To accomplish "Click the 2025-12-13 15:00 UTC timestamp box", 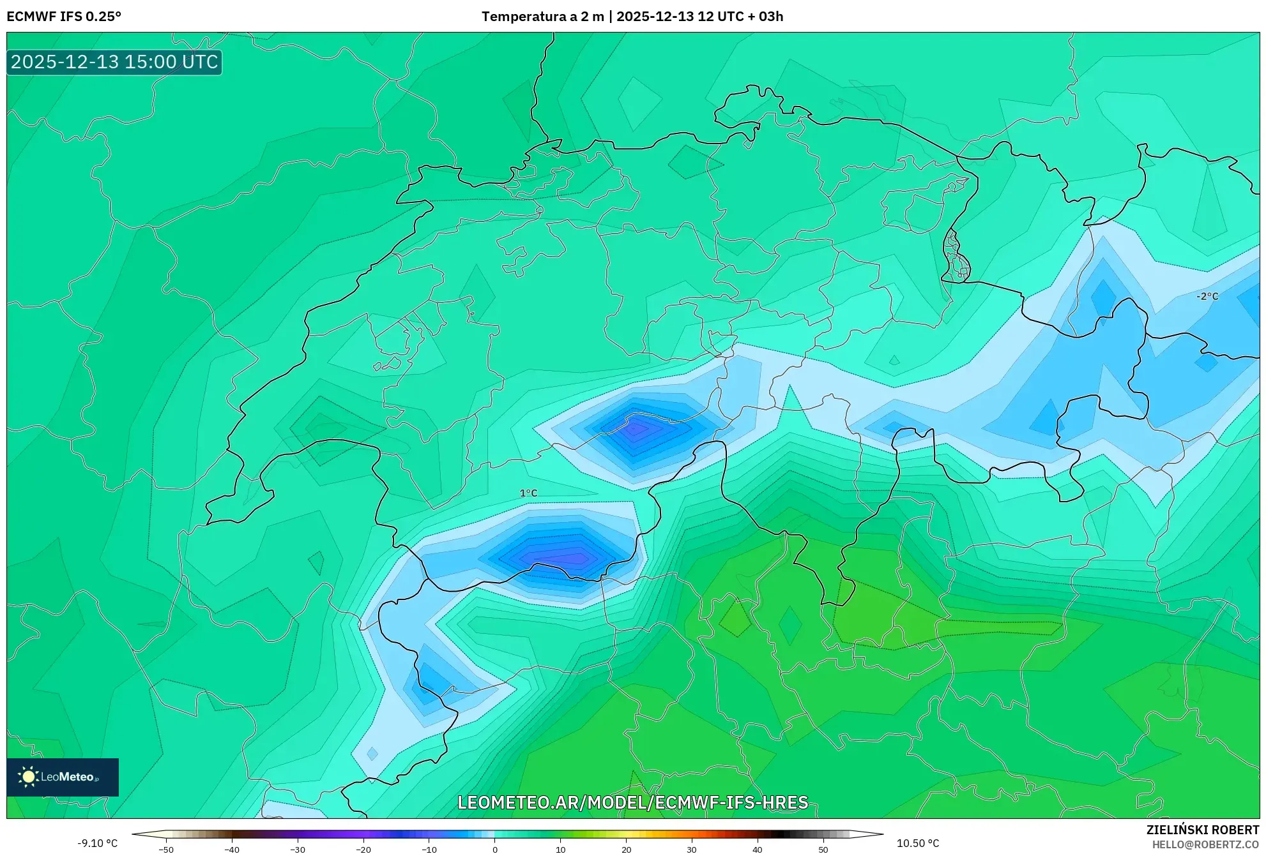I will coord(114,62).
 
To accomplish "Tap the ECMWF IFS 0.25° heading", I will coord(64,17).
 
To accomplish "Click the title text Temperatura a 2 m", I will coord(542,17).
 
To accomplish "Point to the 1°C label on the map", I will coord(528,493).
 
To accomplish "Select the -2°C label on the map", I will coord(1207,296).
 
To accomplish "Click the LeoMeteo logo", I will coord(63,777).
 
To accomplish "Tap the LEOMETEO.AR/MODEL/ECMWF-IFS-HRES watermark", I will coord(633,802).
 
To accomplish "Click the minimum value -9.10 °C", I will coord(98,843).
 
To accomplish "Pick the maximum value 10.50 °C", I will coord(918,843).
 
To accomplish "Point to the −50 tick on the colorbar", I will coord(166,850).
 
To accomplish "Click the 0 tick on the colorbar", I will coord(495,850).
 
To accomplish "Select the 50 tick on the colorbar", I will coord(823,850).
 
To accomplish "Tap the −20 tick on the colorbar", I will coord(363,850).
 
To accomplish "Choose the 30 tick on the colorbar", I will coord(692,850).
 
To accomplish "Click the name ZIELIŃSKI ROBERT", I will coord(1203,830).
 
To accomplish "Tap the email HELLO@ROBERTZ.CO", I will coord(1205,844).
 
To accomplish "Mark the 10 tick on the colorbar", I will coord(561,850).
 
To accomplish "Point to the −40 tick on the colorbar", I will coord(232,850).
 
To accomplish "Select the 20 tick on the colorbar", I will coord(627,850).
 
